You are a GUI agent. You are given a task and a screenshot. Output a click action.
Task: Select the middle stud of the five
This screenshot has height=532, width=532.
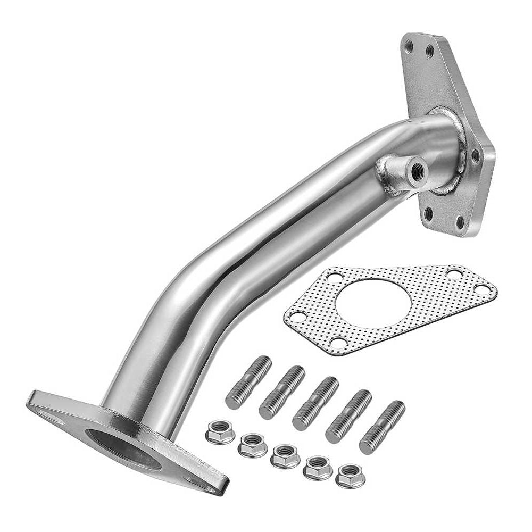(x=315, y=403)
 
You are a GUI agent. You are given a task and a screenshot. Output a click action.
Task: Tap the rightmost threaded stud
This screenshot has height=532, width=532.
(x=381, y=427)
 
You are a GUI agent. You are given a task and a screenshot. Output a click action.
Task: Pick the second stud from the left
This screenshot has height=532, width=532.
(x=282, y=393)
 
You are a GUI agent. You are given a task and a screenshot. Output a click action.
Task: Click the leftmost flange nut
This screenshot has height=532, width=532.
(x=220, y=431)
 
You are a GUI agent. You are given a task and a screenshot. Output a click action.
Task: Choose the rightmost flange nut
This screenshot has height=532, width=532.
(x=350, y=475)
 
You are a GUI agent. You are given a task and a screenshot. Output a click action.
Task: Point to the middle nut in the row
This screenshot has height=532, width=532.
(x=285, y=456)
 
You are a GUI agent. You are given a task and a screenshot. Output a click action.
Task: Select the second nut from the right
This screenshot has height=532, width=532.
(x=318, y=467)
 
